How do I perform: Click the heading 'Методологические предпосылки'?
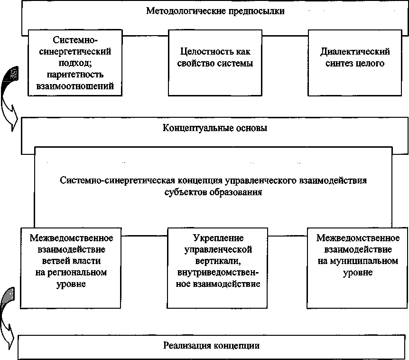coord(215,11)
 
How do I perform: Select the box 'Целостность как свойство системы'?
coord(215,62)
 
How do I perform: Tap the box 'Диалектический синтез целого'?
coord(355,62)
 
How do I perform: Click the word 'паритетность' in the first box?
coord(76,75)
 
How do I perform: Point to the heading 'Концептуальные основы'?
coord(214,128)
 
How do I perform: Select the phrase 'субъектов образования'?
coord(214,193)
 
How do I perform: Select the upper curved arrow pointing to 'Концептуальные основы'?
coord(10,95)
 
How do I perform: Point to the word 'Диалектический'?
coord(355,51)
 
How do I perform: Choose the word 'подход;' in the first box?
coord(76,63)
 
